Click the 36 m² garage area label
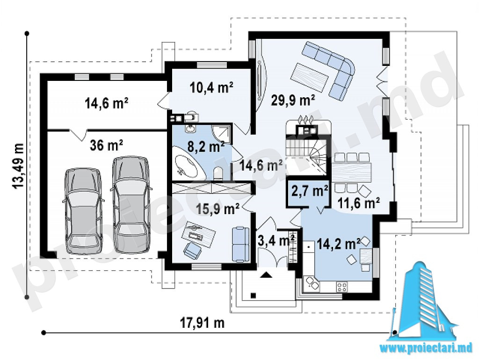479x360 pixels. tap(106, 145)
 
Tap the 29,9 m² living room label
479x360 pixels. tap(293, 100)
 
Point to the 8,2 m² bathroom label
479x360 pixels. tap(206, 147)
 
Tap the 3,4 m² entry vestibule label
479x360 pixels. tap(276, 241)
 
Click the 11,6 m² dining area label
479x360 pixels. tap(359, 202)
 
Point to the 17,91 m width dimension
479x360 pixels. tap(202, 323)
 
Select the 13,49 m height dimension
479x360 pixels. tap(19, 166)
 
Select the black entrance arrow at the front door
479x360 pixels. tap(266, 275)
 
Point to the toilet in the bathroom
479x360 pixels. tap(219, 173)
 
